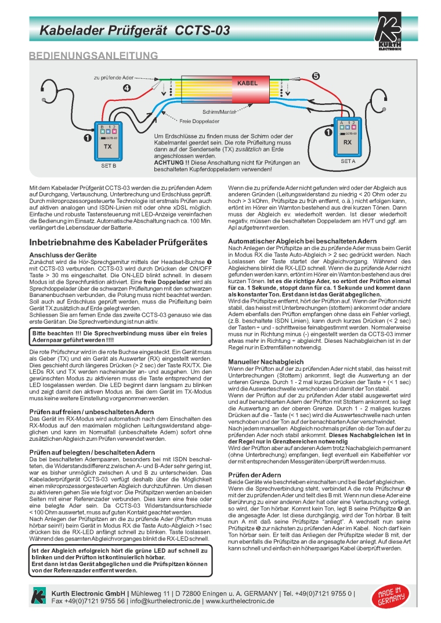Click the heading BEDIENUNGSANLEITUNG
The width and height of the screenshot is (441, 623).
click(93, 56)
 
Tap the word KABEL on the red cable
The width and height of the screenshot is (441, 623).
click(247, 84)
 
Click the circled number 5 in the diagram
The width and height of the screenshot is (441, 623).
click(316, 76)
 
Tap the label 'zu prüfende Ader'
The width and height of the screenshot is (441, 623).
click(114, 77)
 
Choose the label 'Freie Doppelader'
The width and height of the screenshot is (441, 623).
click(199, 122)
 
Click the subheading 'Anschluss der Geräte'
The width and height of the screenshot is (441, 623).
click(63, 255)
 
